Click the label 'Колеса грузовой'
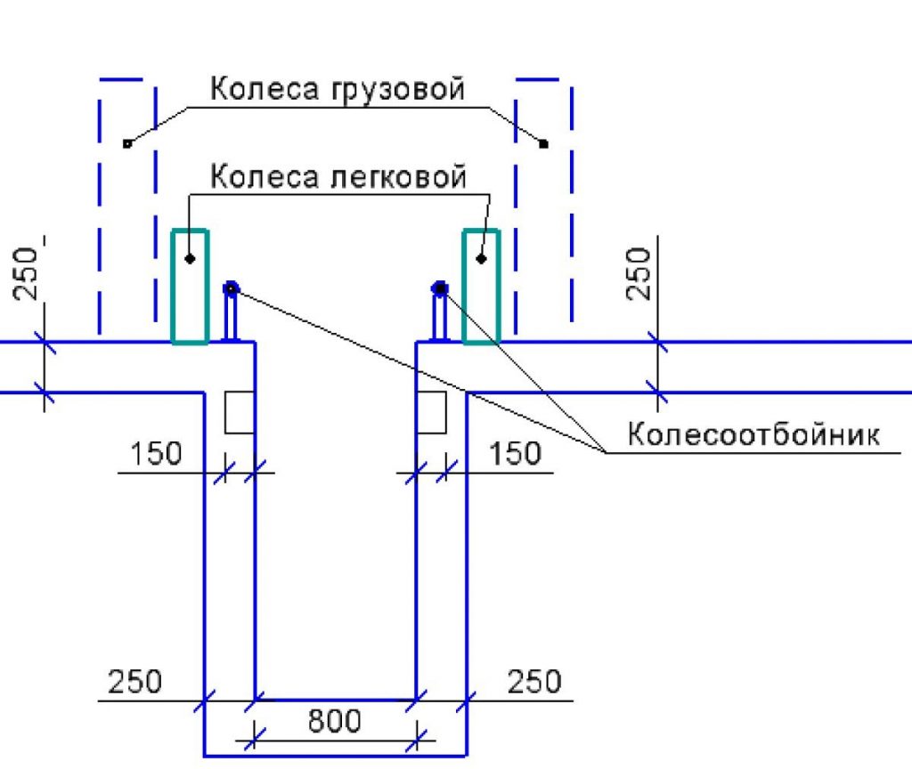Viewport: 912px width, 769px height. (338, 91)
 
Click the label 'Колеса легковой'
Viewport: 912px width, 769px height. (338, 176)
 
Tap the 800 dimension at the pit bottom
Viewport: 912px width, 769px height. (335, 721)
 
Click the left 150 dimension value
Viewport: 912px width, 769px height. (156, 454)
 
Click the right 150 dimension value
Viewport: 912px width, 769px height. (516, 454)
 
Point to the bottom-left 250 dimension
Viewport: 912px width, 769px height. (135, 682)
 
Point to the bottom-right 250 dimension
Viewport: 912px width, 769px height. (534, 682)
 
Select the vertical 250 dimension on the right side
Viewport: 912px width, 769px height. (639, 274)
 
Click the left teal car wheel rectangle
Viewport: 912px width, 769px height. (190, 286)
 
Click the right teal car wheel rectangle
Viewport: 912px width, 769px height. (481, 286)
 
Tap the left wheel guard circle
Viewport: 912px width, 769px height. (231, 287)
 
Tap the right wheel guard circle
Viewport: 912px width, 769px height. (440, 287)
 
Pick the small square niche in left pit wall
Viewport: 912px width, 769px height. (239, 412)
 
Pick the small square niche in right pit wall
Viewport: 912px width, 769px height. (431, 412)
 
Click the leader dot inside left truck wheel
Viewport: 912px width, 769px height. (126, 142)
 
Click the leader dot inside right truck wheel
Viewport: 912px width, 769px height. (544, 142)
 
